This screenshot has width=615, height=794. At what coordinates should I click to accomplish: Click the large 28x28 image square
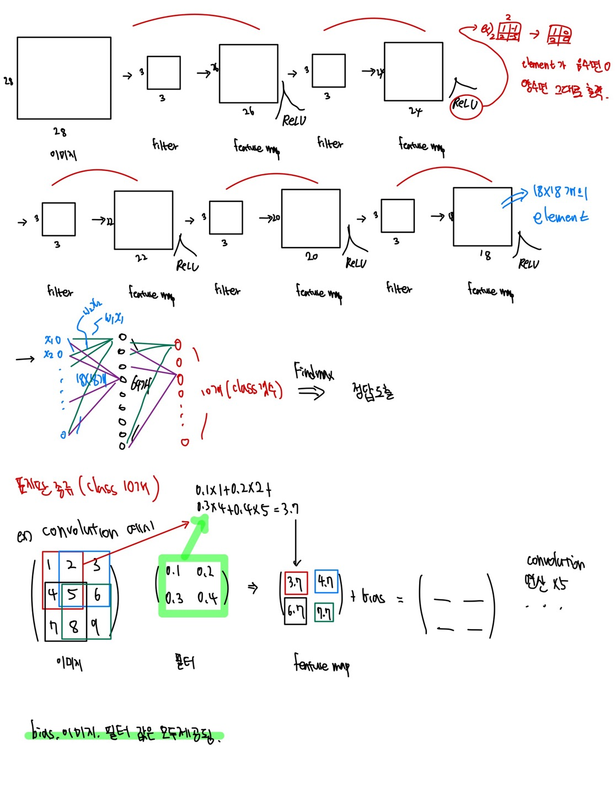(x=64, y=78)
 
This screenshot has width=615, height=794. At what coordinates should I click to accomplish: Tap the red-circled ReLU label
(x=466, y=104)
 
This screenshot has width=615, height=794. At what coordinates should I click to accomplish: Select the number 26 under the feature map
(x=249, y=111)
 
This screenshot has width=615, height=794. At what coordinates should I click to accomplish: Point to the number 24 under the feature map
(x=415, y=111)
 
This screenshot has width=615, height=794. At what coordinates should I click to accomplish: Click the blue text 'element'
(x=560, y=217)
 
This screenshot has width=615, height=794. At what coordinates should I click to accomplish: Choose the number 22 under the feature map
(x=141, y=257)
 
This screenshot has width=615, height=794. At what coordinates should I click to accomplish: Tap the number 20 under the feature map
(x=312, y=256)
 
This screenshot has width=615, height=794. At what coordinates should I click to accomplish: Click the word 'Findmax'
(x=313, y=372)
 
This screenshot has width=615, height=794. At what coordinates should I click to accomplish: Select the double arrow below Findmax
(x=311, y=392)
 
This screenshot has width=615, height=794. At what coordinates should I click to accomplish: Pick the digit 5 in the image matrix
(x=72, y=594)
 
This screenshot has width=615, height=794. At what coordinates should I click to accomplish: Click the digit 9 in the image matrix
(x=95, y=626)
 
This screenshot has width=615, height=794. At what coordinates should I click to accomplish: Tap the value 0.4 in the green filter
(x=207, y=597)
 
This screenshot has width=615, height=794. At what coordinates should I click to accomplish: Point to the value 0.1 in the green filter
(x=173, y=571)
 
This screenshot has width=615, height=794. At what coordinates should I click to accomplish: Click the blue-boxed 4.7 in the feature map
(x=326, y=581)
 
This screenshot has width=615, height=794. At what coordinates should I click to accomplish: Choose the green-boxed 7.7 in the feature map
(x=324, y=613)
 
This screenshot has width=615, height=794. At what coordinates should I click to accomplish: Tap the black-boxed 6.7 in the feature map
(x=295, y=611)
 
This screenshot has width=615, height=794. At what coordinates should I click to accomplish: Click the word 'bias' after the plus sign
(x=373, y=597)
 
